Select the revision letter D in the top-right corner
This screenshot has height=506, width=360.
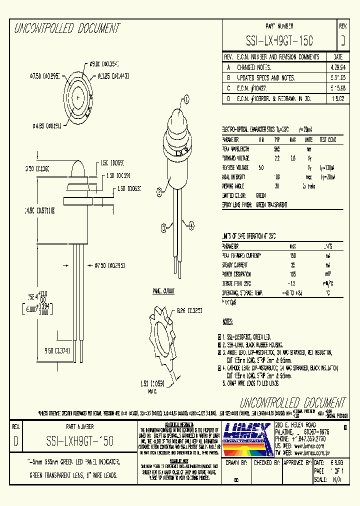tap(342, 40)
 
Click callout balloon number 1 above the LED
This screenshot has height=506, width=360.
tap(186, 99)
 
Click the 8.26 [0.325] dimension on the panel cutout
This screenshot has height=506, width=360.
tap(189, 309)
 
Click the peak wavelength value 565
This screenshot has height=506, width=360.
tap(276, 149)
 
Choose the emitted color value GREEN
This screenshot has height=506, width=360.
tap(260, 195)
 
